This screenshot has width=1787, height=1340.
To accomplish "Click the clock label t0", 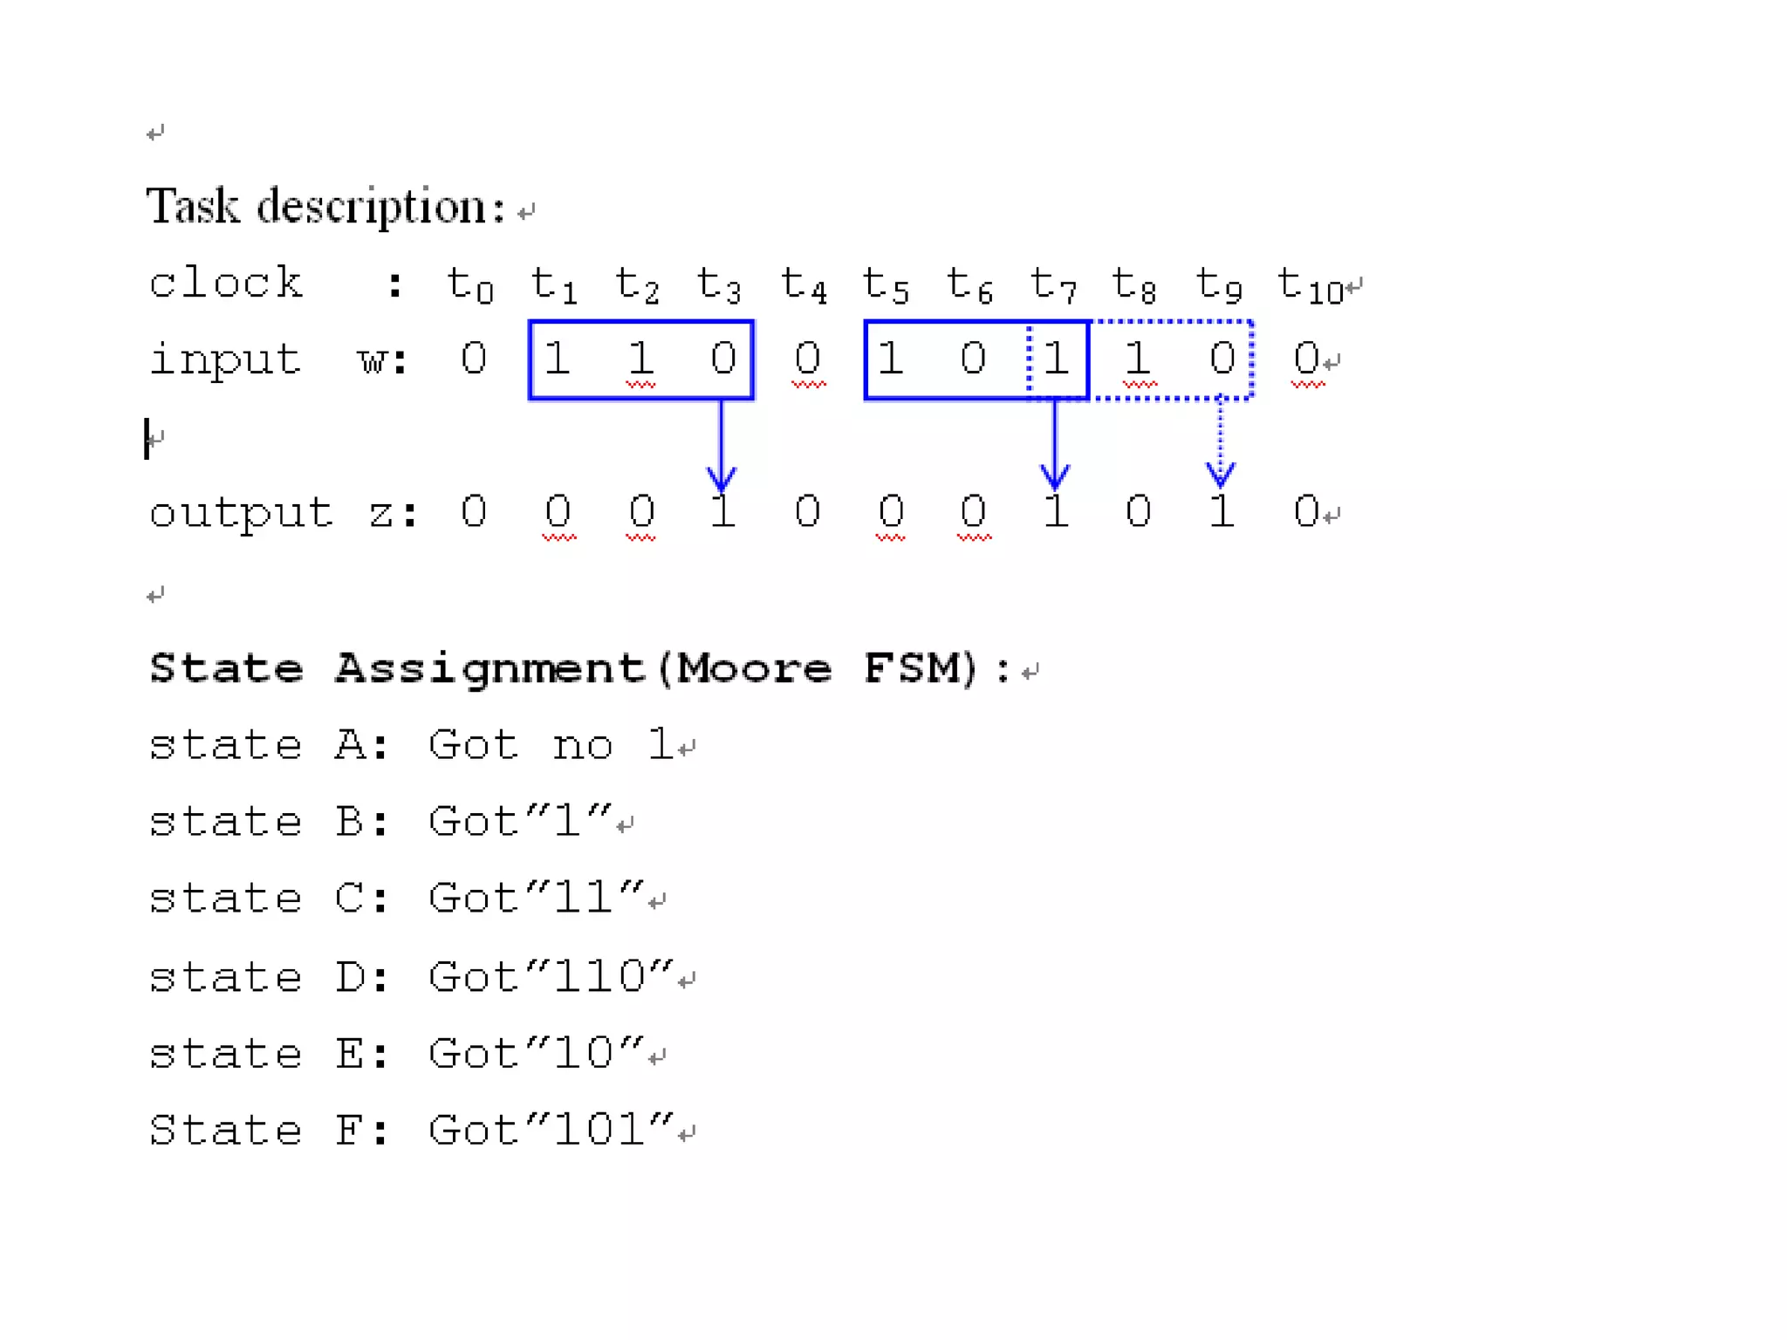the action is tap(469, 284).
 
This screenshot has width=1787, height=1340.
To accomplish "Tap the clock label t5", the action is tap(885, 284).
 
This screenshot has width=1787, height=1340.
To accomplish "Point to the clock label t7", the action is tap(1053, 284).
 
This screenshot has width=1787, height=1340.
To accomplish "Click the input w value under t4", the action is tap(807, 359).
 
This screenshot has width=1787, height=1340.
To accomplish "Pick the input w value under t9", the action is tap(1222, 359).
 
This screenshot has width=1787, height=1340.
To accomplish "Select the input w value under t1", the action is tap(557, 359).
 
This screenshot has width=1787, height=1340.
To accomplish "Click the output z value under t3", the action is tap(722, 511).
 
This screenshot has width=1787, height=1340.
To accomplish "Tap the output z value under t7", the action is tap(1056, 511).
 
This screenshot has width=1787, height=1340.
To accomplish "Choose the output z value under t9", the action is tap(1222, 511).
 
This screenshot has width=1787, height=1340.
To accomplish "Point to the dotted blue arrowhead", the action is tap(1220, 474).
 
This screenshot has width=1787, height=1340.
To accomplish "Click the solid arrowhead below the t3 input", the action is tap(721, 477).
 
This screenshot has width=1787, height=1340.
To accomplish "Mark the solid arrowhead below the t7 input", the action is tap(1055, 475).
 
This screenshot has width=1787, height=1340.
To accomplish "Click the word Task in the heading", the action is tap(192, 208).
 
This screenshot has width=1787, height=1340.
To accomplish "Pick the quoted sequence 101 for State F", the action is tap(599, 1131).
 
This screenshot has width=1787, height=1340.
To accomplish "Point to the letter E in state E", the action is tap(351, 1054).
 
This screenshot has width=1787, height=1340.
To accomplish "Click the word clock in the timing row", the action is tap(225, 283).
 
